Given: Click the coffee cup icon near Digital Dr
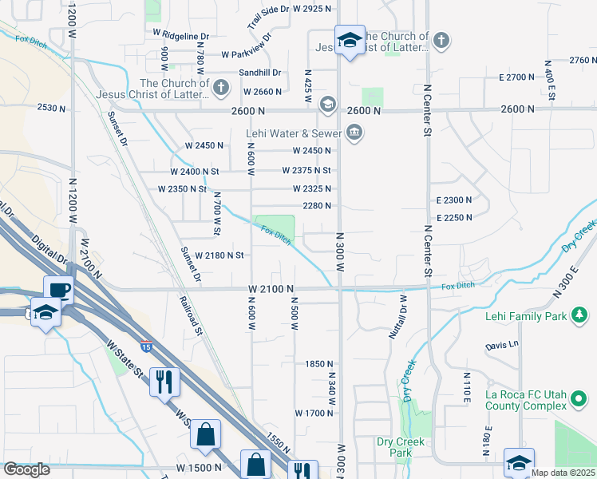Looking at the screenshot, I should (x=59, y=290).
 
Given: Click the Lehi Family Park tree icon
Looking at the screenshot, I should (x=579, y=317).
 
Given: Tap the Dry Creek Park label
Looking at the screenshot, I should (x=394, y=447).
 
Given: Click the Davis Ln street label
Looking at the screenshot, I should (x=502, y=346).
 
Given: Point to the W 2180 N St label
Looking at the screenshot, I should (x=212, y=255).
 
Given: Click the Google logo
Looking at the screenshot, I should (x=26, y=469).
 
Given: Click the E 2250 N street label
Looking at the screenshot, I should (x=454, y=217).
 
